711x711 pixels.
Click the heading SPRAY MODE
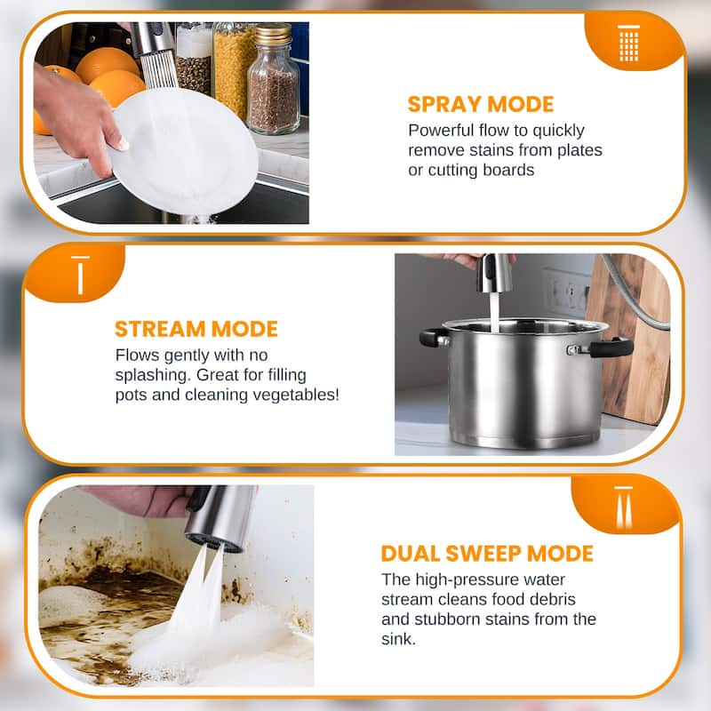(480, 104)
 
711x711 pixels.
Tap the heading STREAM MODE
(196, 329)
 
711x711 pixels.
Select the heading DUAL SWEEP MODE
(486, 553)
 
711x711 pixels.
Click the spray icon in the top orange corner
(628, 42)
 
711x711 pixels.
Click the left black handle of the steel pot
(434, 337)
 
